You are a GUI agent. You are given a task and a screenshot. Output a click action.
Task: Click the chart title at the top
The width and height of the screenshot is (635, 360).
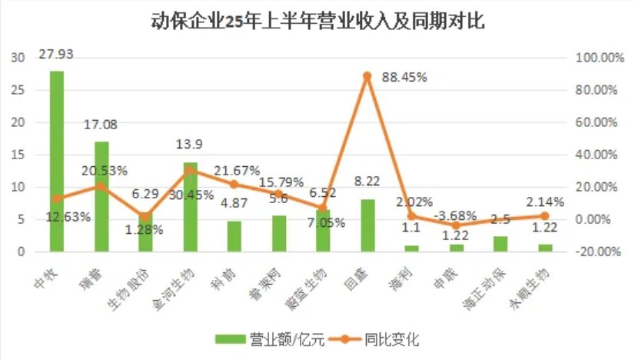click(317, 21)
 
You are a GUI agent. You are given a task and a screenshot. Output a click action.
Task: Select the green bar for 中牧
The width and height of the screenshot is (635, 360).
click(57, 162)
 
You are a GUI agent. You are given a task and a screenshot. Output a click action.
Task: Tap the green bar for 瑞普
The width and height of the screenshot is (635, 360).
click(101, 196)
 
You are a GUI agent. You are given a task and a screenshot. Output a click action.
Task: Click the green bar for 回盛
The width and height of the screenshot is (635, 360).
click(367, 225)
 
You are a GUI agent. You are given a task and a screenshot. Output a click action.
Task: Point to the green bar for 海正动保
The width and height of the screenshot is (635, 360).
click(500, 243)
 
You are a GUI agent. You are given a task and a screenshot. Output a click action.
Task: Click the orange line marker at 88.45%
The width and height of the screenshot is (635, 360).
click(367, 75)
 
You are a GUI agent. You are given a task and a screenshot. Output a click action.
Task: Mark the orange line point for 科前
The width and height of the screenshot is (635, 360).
click(234, 184)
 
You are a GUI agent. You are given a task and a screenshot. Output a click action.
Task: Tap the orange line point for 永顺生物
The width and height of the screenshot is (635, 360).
click(545, 216)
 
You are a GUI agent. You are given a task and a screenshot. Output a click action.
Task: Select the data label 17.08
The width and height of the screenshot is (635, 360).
click(102, 125)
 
